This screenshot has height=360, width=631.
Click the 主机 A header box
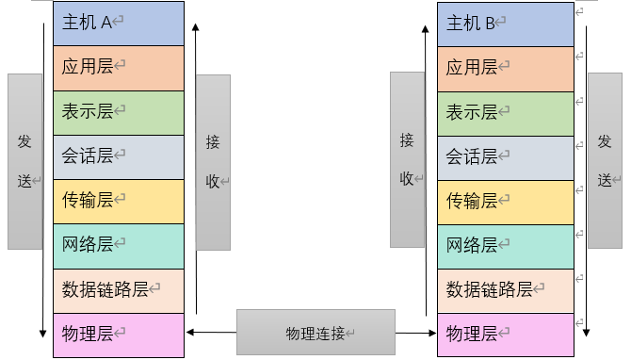coord(119,24)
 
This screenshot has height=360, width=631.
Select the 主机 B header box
coord(505,24)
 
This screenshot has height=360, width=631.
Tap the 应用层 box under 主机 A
coord(119,68)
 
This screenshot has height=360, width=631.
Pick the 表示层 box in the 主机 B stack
coord(505,112)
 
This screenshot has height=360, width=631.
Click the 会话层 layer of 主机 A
coord(119,156)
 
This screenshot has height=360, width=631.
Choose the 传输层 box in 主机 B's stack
coord(505,201)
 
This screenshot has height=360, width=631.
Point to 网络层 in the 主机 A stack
coord(119,245)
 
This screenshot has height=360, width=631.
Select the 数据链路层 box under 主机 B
coord(505,289)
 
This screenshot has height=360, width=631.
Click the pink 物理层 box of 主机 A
coord(119,335)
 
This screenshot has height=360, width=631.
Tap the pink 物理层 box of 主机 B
coord(505,335)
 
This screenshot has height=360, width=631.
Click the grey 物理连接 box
coord(315,333)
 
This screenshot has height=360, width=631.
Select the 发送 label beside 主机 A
coord(25,161)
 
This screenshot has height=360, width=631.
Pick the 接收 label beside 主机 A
coord(213,162)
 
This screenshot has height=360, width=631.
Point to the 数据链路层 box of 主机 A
coord(119,289)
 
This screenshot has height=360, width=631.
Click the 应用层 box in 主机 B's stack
coord(505,68)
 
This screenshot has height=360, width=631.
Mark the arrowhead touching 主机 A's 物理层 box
coord(191,332)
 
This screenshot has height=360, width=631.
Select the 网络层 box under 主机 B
coord(505,245)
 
